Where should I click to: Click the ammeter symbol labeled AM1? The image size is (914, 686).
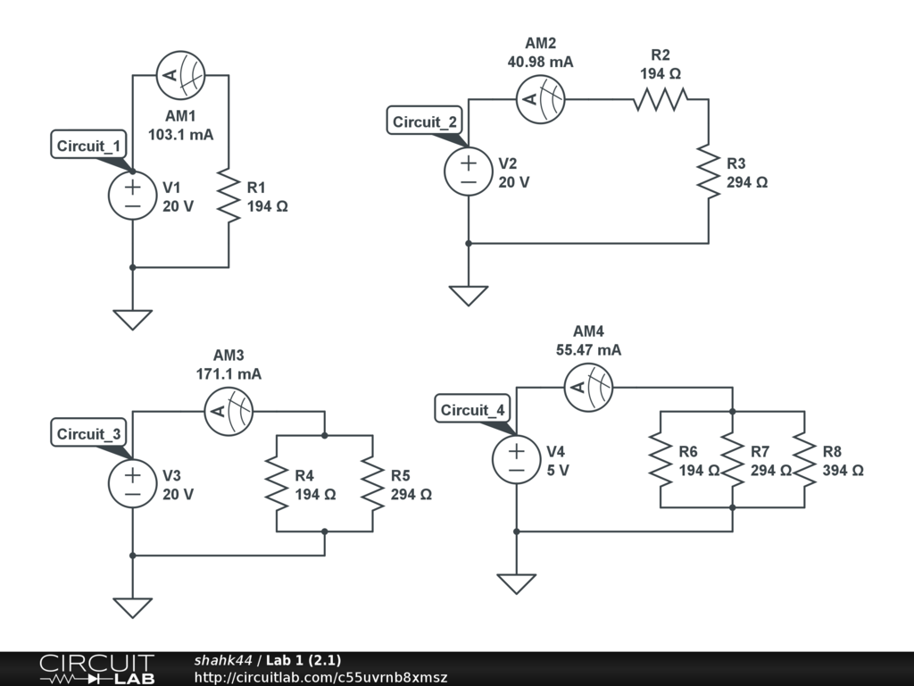pos(181,75)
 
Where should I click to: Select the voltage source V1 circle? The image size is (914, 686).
pos(132,196)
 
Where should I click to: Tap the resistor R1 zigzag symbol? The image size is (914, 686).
pos(228,196)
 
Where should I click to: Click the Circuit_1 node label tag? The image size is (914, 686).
pos(91,146)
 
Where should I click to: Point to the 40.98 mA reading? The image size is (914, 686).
pos(540,62)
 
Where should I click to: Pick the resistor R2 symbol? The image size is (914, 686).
pos(660,99)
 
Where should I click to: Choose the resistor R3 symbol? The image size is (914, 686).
pos(708,171)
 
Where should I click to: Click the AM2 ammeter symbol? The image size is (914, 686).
pos(542,99)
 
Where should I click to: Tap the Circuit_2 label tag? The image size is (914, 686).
pos(425,121)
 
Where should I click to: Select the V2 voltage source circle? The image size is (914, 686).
pos(469,171)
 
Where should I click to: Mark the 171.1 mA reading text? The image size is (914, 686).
pos(228,373)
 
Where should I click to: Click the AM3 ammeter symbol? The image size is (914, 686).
pos(228,412)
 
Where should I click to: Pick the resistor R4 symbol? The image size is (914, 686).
pos(277,484)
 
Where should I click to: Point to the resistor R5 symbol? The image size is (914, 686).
pos(373,484)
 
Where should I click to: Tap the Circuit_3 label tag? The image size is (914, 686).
pos(91,434)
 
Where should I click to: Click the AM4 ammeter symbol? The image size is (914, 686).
pos(589,388)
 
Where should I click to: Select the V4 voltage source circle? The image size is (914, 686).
pos(517,460)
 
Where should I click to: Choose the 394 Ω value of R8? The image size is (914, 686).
pos(843,470)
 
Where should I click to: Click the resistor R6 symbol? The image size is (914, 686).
pos(660,460)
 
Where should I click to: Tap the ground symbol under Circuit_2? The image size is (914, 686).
pos(469,296)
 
